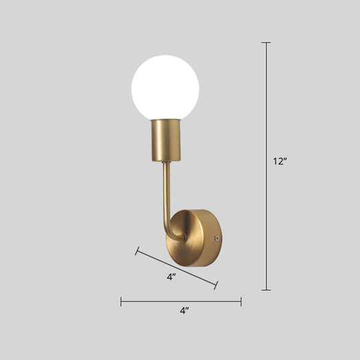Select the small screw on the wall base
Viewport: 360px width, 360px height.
pyautogui.click(x=215, y=237)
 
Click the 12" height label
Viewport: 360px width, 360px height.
pyautogui.click(x=280, y=161)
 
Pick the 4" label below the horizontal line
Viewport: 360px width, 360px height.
pyautogui.click(x=184, y=311)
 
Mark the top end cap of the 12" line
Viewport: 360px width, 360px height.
pyautogui.click(x=266, y=43)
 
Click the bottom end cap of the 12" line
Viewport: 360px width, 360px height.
pyautogui.click(x=266, y=290)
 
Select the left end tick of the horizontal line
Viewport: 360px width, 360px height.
pyautogui.click(x=121, y=302)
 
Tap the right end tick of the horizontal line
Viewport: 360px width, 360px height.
pyautogui.click(x=241, y=302)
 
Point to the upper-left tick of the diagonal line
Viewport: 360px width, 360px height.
pyautogui.click(x=137, y=251)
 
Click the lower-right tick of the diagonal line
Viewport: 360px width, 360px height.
pyautogui.click(x=216, y=285)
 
